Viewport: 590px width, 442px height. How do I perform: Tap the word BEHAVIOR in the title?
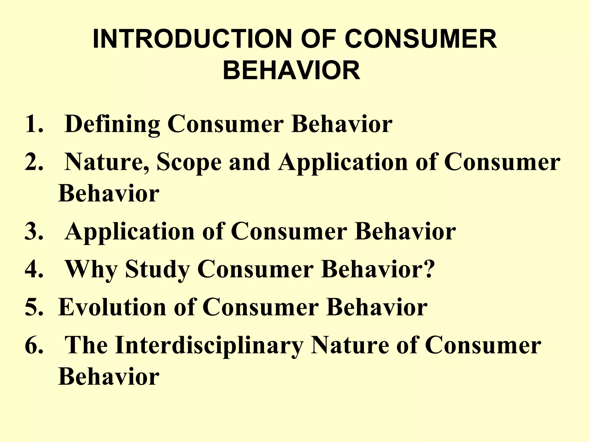291,71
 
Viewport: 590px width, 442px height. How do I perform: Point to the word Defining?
112,124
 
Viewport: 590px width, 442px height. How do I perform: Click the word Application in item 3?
130,232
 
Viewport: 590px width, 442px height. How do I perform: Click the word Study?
157,269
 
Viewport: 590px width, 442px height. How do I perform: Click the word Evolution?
112,307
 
